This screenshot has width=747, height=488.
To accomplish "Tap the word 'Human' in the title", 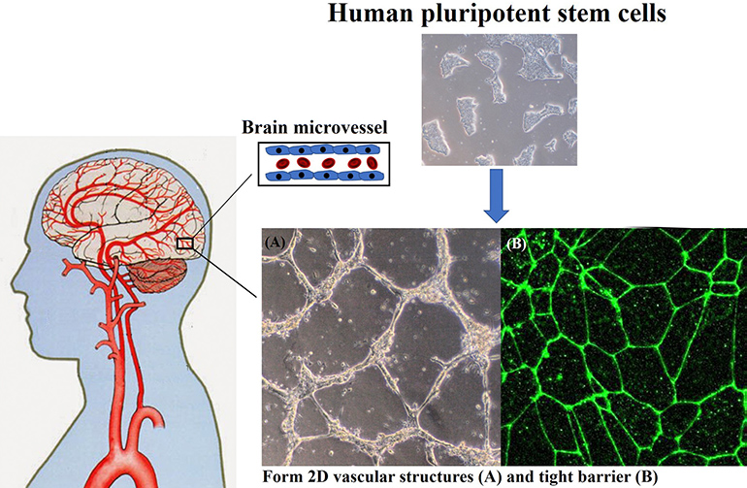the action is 371,13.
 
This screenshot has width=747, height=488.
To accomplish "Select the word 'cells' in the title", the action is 641,13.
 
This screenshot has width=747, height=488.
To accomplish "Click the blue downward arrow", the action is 497,195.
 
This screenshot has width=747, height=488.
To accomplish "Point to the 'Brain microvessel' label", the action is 314,127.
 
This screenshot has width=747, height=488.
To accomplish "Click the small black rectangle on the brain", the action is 185,244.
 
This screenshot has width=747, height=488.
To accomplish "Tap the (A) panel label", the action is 276,243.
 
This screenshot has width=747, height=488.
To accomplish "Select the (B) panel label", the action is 516,244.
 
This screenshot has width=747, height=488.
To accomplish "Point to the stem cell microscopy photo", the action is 500,100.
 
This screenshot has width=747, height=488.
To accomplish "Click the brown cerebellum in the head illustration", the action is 158,276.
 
